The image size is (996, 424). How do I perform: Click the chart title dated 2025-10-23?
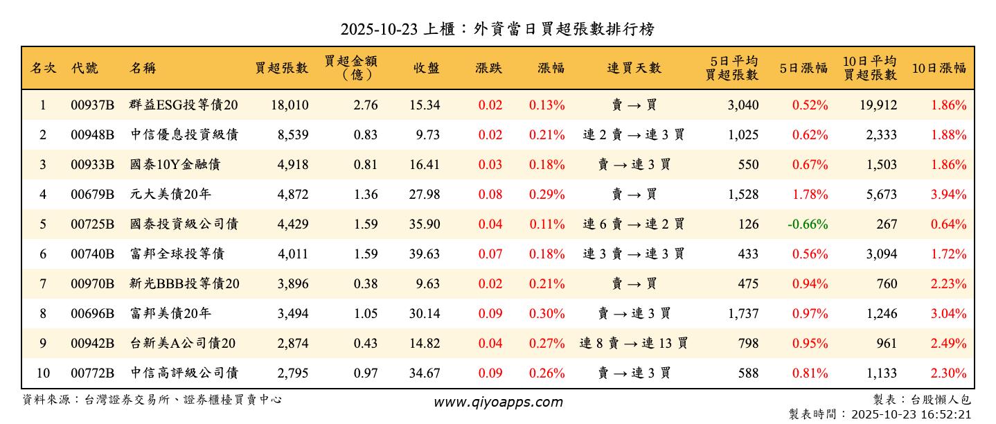(x=497, y=29)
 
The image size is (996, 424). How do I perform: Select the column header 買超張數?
(x=281, y=68)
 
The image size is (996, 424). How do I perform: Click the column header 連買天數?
(x=634, y=68)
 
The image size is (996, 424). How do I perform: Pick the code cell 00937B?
(x=92, y=105)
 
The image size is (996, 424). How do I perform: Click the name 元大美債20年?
(x=170, y=195)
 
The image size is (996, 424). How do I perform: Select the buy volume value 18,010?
(x=287, y=105)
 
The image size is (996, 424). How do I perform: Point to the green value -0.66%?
(x=808, y=224)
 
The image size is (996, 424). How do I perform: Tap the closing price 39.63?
(x=424, y=254)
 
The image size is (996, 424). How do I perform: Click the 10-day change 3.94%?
(x=948, y=195)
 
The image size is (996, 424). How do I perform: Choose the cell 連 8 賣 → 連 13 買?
(x=634, y=343)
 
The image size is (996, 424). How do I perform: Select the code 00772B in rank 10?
(x=92, y=373)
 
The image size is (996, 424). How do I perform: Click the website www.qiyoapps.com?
(x=498, y=402)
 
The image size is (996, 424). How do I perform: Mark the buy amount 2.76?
(x=366, y=105)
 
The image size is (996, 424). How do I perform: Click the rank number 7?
(x=43, y=284)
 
